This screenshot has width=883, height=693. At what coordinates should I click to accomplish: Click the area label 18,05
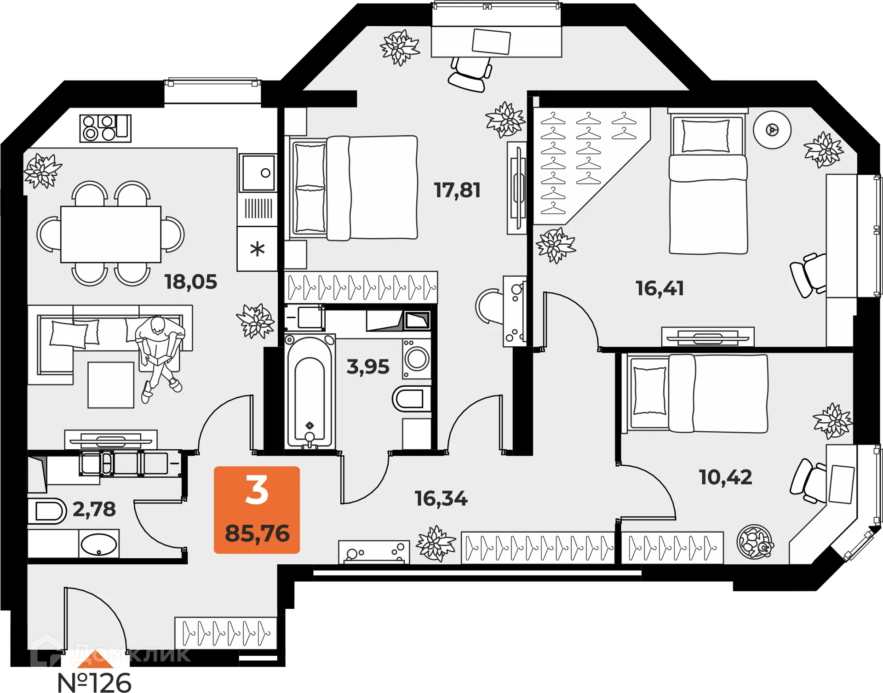191,282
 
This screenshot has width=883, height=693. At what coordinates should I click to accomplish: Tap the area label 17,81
457,190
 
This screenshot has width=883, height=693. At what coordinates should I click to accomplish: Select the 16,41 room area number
659,288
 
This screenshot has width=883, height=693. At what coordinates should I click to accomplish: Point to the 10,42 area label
725,477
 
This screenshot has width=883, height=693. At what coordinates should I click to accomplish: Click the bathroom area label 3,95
368,367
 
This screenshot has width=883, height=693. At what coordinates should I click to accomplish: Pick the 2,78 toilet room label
94,509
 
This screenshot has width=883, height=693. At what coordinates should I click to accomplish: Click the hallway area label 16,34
441,498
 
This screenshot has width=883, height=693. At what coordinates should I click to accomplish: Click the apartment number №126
94,682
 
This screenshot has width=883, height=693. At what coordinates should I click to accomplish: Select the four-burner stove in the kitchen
105,128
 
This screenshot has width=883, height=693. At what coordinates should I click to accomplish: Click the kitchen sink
258,173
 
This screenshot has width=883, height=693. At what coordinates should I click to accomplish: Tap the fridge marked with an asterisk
257,249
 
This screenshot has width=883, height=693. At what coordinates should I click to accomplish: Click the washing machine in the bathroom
417,359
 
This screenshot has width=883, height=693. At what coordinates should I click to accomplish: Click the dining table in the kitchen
111,234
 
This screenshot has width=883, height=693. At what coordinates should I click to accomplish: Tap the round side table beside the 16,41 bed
772,130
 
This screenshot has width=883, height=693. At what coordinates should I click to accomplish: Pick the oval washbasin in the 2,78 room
99,545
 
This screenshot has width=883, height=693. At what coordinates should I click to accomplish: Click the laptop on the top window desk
491,41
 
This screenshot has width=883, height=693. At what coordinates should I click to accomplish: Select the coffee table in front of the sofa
111,385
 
